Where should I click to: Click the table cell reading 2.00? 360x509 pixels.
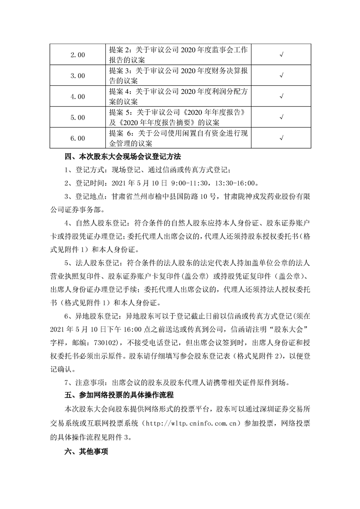pos(78,55)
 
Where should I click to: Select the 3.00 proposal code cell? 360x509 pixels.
pos(78,76)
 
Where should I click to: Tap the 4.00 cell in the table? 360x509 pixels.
pos(78,97)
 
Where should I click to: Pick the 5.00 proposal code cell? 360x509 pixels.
pos(78,117)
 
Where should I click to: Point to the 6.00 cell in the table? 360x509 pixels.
pos(78,138)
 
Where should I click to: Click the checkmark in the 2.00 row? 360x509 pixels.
pos(281,55)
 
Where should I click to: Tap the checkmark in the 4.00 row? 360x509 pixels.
pos(281,97)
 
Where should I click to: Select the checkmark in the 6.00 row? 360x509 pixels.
pos(281,138)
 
